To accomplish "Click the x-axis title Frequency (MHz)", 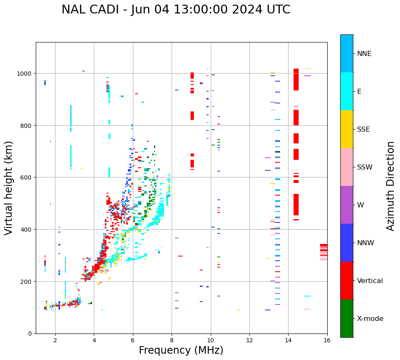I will (181, 350).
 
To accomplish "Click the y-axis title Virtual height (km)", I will (9, 188).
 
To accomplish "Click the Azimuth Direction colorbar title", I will (391, 186).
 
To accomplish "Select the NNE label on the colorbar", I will (364, 53).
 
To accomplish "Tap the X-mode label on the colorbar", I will (370, 319).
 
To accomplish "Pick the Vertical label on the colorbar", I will (370, 281).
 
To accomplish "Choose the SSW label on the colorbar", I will (365, 167).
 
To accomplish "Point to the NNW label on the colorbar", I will (366, 243).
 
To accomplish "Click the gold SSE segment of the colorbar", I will (347, 129).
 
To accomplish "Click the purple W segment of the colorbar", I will (347, 205).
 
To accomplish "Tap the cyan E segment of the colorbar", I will (347, 91).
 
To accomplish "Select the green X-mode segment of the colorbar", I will (347, 318).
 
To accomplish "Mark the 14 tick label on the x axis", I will (288, 340).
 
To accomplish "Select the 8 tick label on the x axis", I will (172, 340).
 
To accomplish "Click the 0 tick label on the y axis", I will (29, 334).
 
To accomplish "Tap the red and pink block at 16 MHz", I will (323, 252).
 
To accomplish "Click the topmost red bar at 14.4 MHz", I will (296, 79).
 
